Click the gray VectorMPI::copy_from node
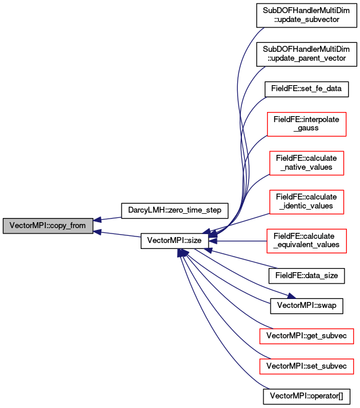click(x=48, y=226)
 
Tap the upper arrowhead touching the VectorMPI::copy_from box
click(x=98, y=220)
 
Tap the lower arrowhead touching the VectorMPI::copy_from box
click(x=98, y=232)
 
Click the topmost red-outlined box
click(x=306, y=124)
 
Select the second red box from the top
click(x=306, y=163)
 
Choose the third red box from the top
click(x=306, y=202)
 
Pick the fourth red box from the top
click(x=306, y=241)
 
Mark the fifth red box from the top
click(x=306, y=336)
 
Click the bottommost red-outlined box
click(x=306, y=366)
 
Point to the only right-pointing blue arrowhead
click(x=291, y=295)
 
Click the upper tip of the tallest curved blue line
click(x=263, y=28)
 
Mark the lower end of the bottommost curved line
click(x=269, y=388)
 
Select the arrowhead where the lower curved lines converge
click(x=182, y=253)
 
